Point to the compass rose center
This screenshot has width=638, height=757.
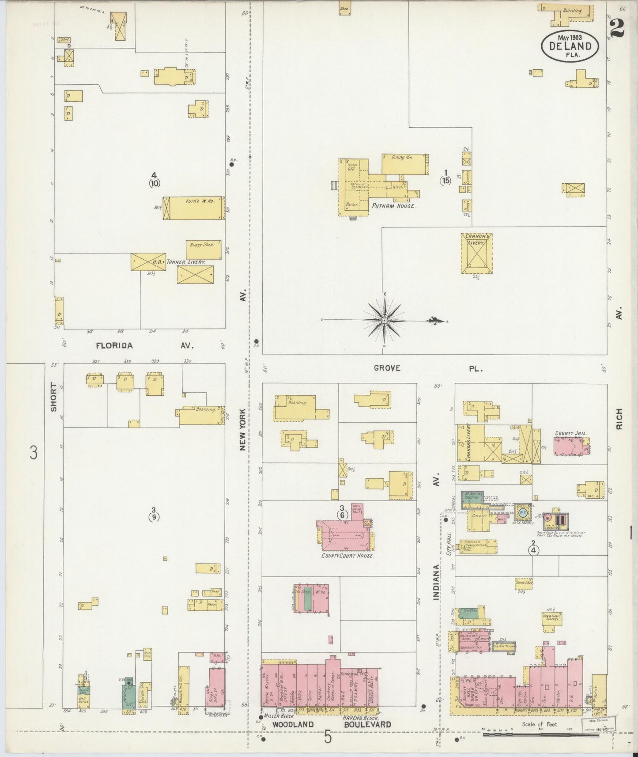click(x=384, y=320)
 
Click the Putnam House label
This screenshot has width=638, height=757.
click(x=393, y=206)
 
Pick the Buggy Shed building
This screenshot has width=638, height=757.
click(x=203, y=250)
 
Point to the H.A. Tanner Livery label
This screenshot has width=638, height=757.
click(x=179, y=262)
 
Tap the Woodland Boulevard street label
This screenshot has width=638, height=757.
click(x=331, y=724)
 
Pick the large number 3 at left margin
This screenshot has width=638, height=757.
click(x=34, y=453)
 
